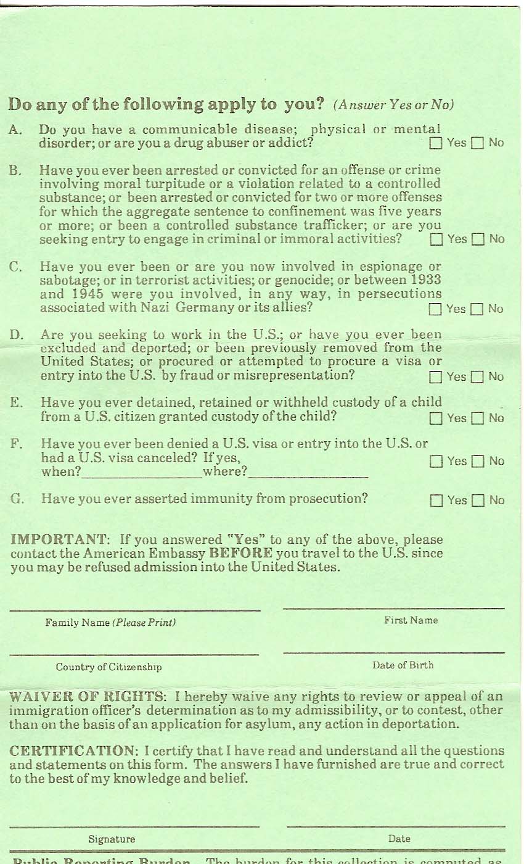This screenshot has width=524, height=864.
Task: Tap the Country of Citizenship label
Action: (110, 667)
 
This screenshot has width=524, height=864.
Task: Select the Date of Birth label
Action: (403, 665)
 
